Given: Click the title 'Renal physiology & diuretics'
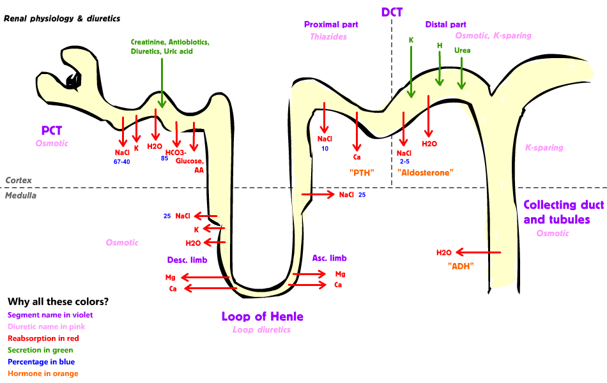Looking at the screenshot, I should pos(62,19).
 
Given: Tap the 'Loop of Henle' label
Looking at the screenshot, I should pos(262,317).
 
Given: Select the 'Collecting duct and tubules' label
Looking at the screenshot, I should pos(556,212).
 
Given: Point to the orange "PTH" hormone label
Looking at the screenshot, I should pos(361,172).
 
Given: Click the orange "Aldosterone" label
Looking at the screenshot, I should pos(425,172).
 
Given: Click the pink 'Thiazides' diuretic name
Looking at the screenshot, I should pos(328,37).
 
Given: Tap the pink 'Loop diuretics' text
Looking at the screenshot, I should pos(261,330).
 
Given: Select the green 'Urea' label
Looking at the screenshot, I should pos(462,50).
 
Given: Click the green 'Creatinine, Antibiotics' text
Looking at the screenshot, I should pos(169,42).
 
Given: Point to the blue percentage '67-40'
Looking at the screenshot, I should pos(121,162).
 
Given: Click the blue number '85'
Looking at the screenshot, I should pos(164,158).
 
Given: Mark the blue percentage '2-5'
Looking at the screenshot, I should pos(404,161).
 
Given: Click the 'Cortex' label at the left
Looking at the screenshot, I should pos(18,181).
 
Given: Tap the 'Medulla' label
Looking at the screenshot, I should pos(20,195).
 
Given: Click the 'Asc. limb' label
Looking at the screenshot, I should pos(329,258).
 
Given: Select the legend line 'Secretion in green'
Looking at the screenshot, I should pos(40,350).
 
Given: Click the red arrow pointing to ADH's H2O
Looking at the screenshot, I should pos(479,253).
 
